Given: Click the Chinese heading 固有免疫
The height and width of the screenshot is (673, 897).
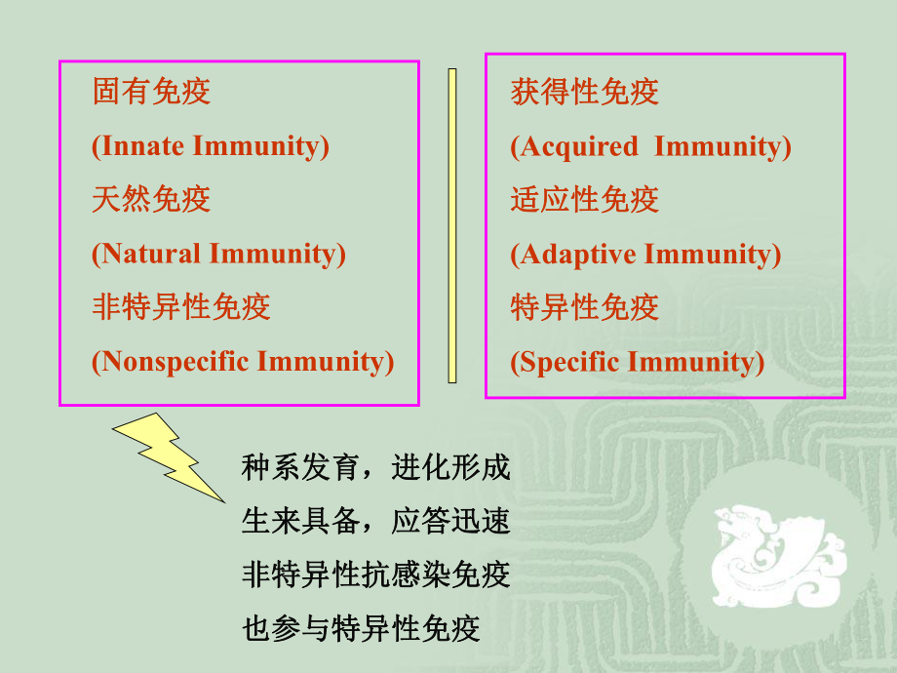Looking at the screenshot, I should click(x=151, y=92).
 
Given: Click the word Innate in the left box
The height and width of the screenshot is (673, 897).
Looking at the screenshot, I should click(x=142, y=146).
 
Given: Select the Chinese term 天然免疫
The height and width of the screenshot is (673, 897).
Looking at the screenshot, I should click(x=151, y=200).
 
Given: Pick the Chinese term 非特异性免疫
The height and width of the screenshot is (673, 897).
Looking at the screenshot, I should click(x=180, y=307).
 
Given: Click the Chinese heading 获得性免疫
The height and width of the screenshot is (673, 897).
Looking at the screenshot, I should click(x=584, y=92).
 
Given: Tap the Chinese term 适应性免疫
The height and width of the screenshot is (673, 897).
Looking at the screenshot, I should click(x=584, y=200).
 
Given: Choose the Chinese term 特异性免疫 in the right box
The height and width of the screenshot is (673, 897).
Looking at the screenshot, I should click(x=584, y=307).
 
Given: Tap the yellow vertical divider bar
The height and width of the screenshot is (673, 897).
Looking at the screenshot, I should click(x=452, y=225).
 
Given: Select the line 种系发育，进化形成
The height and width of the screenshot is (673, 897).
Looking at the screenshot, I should click(x=375, y=469).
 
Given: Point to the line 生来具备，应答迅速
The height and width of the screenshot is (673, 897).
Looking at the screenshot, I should click(x=375, y=521).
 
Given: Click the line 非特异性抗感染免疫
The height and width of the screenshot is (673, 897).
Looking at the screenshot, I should click(x=375, y=574).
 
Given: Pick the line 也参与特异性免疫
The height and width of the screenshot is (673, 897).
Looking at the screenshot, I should click(x=361, y=627).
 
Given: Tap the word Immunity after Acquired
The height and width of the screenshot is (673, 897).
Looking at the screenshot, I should click(x=721, y=146).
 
